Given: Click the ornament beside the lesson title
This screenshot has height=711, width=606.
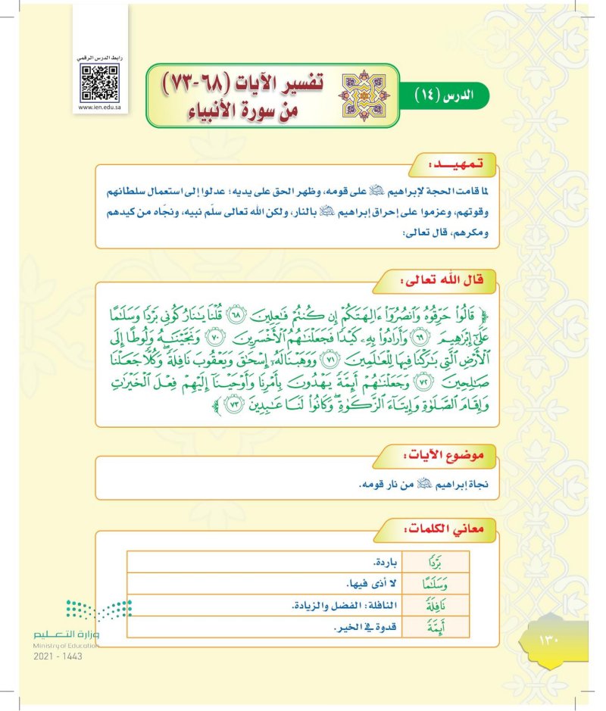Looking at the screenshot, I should pyautogui.click(x=355, y=95).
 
